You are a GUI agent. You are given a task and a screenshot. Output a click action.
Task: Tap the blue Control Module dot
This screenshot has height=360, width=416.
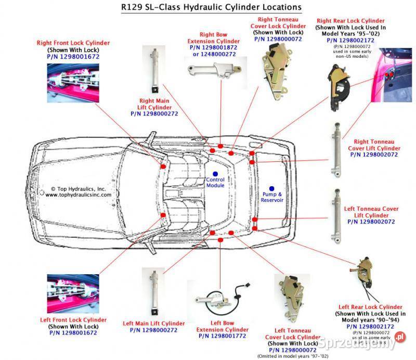tap(215, 172)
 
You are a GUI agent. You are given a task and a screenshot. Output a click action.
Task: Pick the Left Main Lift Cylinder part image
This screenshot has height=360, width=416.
tap(154, 291)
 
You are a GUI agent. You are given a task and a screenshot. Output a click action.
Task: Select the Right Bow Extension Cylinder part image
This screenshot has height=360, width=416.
tap(214, 71)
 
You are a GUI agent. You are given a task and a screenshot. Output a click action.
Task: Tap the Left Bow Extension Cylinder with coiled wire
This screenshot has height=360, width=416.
tap(219, 300)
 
